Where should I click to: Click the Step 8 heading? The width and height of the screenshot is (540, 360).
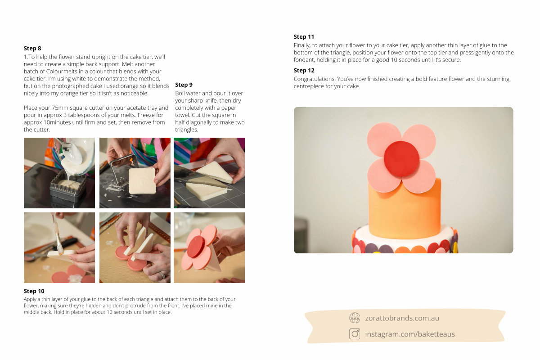pos(32,49)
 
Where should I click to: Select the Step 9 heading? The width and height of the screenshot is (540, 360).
pos(184,85)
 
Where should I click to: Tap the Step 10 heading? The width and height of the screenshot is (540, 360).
pos(34,291)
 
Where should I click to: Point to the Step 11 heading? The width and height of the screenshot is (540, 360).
pos(304,37)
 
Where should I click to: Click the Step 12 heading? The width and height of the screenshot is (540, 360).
pos(304,70)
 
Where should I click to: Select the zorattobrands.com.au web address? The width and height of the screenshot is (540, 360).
pos(402,318)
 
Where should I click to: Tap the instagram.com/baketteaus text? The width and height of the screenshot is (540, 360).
pos(410,334)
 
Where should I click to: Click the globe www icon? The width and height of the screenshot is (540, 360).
pos(355,318)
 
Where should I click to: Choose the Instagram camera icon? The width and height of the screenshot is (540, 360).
pos(355,334)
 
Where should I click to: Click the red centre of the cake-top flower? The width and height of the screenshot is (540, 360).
pos(401,159)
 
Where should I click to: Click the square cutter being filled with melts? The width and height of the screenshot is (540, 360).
pos(68,189)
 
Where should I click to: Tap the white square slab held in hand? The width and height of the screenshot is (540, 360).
pos(142,181)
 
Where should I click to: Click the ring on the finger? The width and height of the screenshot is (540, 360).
pos(162,274)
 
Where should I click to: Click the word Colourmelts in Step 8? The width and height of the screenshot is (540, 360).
pos(62,72)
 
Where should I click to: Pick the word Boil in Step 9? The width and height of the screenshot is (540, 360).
pos(180,93)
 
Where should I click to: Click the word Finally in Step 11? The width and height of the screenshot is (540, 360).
pos(302,45)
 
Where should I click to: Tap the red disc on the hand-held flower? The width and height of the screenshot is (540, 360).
pos(196,247)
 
